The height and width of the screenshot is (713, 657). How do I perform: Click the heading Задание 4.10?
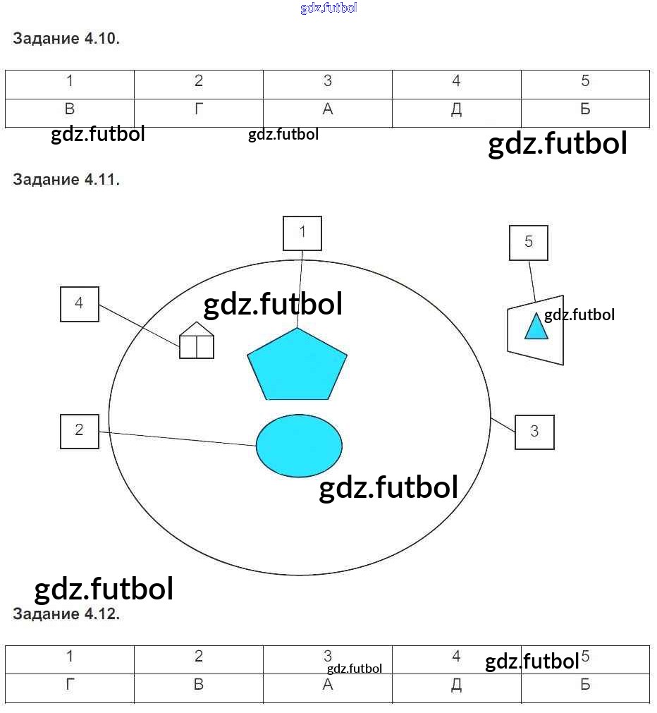pos(66,39)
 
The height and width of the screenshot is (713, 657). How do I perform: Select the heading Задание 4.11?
pos(66,179)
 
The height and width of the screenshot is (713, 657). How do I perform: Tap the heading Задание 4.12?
pos(66,614)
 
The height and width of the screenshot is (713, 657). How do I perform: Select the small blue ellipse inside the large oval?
pos(299,446)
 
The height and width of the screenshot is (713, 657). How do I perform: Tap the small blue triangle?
pos(536,327)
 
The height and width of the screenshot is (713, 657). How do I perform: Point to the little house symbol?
pos(197,341)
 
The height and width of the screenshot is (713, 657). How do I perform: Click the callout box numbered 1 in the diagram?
pos(302,233)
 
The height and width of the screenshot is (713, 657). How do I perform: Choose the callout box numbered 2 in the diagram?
pos(80,431)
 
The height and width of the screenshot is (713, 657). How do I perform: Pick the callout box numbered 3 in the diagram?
pos(534,432)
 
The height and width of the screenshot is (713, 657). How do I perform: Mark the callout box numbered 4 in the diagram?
pos(80,304)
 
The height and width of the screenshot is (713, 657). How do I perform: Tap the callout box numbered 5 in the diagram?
pos(529,243)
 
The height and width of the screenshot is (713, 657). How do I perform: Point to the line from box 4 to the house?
pos(139,325)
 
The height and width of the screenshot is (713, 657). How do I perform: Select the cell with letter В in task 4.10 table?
pos(70,110)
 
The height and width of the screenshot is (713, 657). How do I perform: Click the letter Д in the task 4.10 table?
pos(456,110)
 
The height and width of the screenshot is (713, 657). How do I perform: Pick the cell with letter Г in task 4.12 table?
pos(70,685)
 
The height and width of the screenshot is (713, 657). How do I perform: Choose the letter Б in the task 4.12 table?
pos(585,685)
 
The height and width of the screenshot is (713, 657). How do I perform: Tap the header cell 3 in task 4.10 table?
pos(328,82)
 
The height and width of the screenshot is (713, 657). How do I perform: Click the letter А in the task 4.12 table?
pos(328,685)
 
